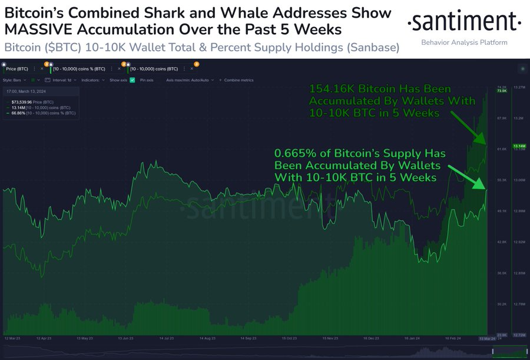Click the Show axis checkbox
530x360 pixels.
coord(132,80)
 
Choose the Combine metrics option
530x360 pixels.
coord(236,80)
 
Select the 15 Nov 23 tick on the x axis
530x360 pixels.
coord(330,339)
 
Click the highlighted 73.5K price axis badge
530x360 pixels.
coord(502,91)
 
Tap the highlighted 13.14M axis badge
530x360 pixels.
coord(519,146)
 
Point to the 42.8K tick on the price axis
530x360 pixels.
coord(502,242)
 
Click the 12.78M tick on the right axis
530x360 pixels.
coord(519,304)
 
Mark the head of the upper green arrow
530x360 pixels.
coord(485,143)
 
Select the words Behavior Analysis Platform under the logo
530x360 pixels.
coord(465,42)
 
